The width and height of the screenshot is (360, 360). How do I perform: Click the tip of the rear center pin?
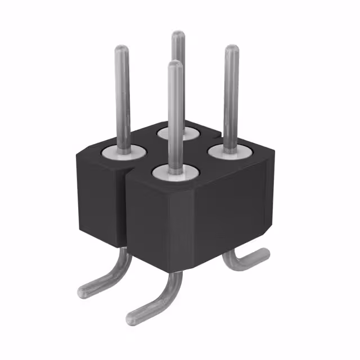[178, 35]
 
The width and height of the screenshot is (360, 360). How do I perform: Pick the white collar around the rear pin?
[178, 134]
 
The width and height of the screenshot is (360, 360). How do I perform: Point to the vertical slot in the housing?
[125, 208]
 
